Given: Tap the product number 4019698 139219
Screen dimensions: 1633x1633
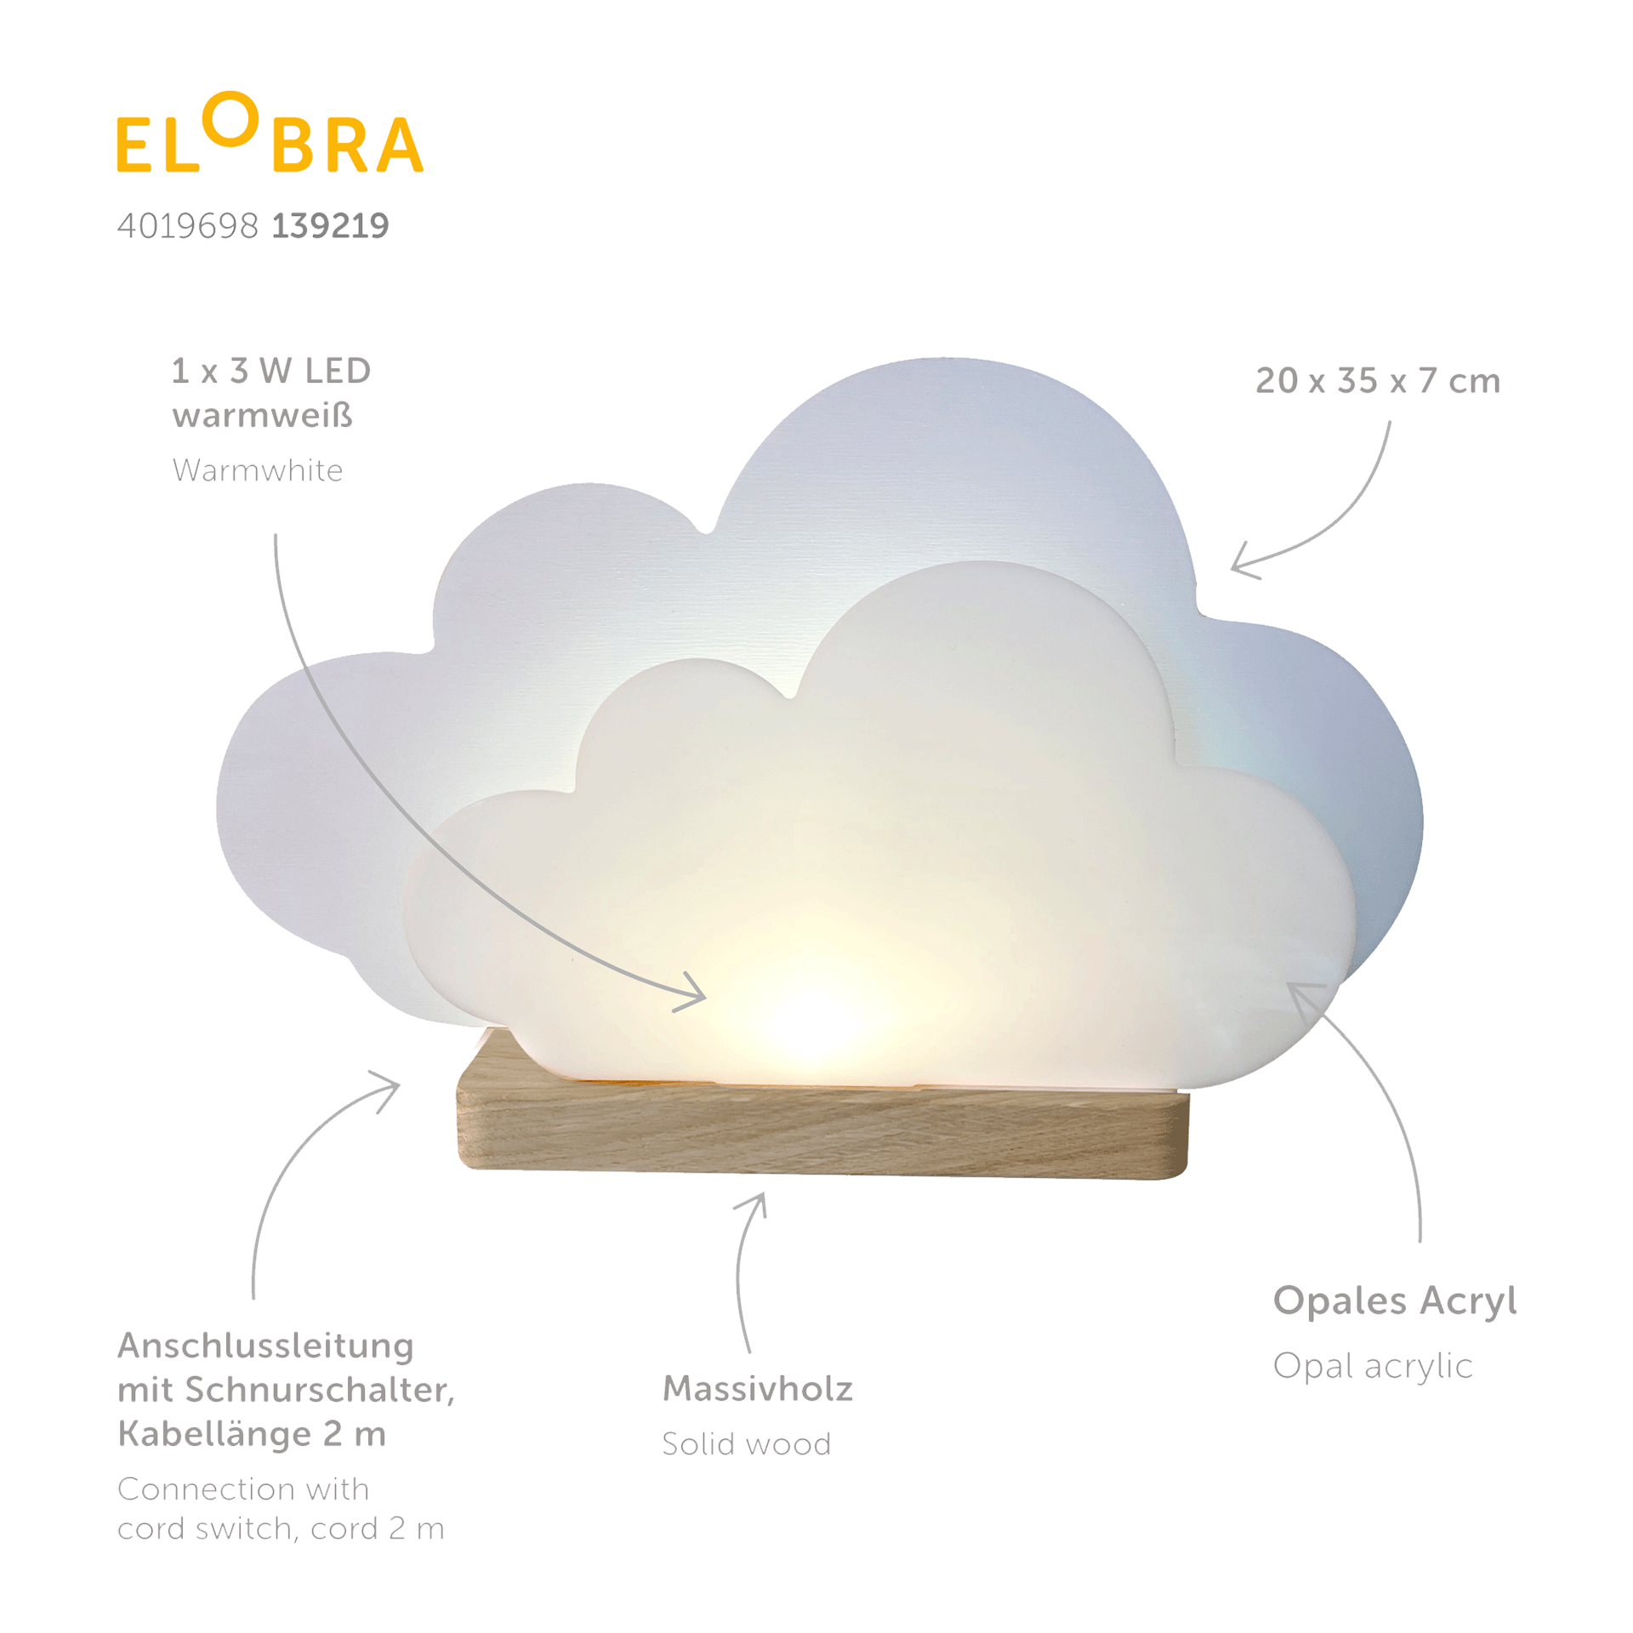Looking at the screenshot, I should [x=253, y=225].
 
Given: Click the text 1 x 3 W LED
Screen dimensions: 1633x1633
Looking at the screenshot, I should [x=271, y=371].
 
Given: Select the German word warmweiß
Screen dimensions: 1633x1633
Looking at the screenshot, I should [x=263, y=417].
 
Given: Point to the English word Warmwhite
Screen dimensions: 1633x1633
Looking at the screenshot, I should [x=258, y=469].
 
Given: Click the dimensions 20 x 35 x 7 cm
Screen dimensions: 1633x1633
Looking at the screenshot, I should [x=1377, y=380].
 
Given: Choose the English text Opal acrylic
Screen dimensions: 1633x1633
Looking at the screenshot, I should [x=1372, y=1366].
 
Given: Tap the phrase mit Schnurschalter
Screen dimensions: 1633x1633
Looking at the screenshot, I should [x=286, y=1391].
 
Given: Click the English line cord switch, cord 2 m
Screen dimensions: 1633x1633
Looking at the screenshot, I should [x=280, y=1529].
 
